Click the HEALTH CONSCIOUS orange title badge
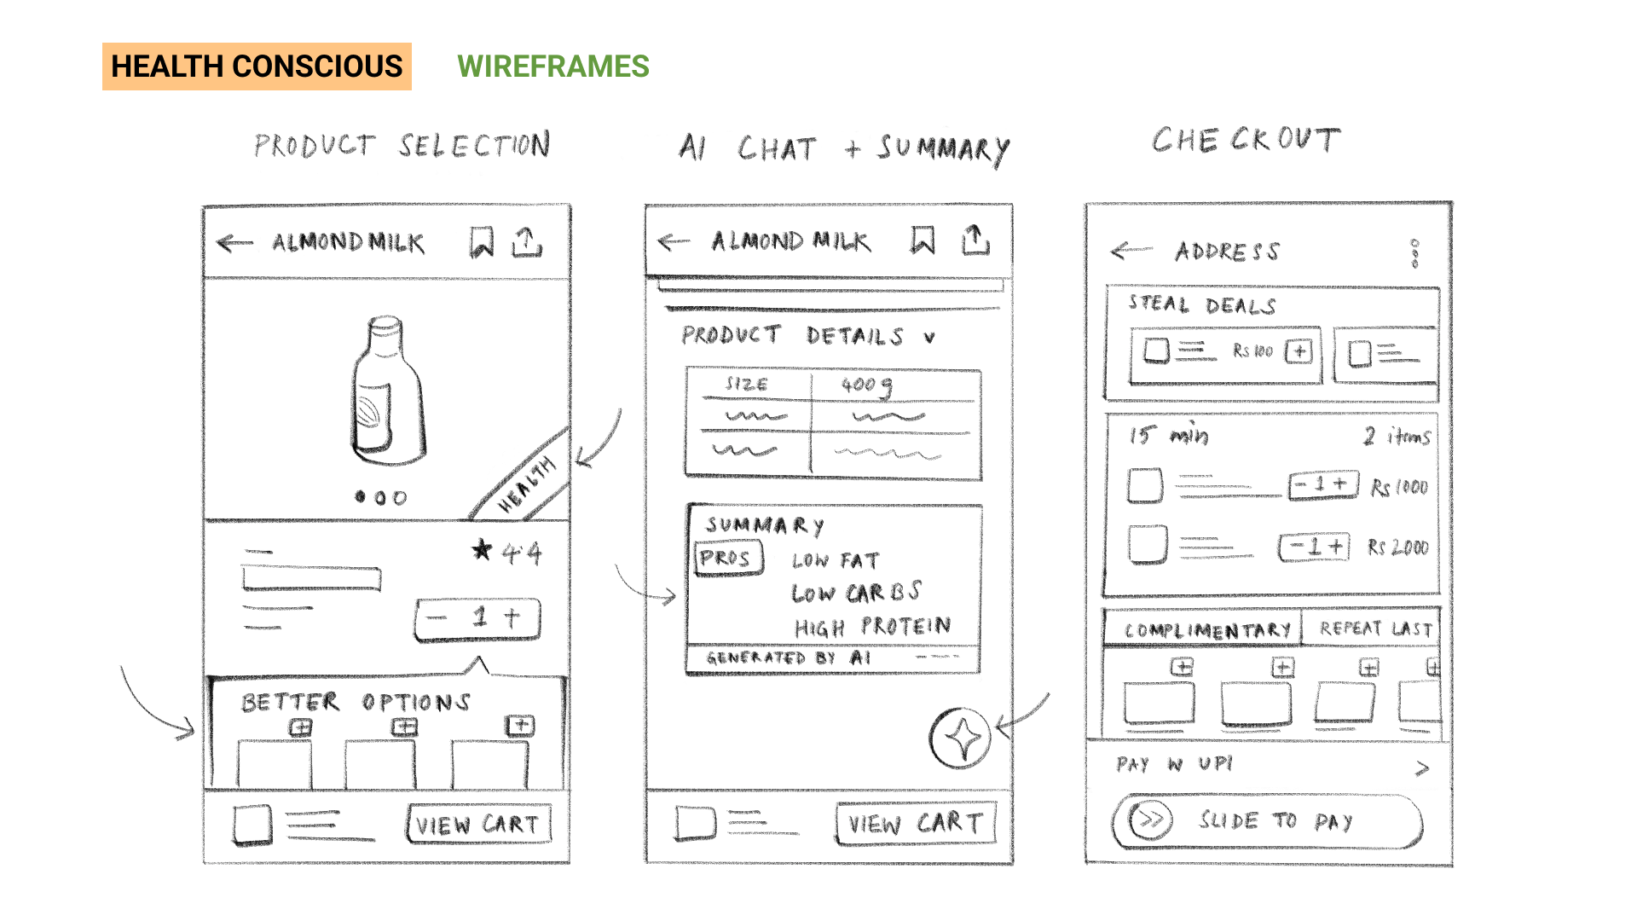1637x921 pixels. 257,67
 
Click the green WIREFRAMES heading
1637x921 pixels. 552,67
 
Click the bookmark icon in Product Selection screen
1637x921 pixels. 482,243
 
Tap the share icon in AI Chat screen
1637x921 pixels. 975,241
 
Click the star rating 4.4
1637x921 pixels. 508,553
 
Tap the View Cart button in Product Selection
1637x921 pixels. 478,825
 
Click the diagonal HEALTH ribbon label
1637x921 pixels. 526,484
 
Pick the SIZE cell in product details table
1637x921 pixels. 747,385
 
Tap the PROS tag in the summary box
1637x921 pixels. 726,559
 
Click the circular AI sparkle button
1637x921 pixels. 961,739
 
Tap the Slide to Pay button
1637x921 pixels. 1268,821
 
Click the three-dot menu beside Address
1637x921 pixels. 1414,253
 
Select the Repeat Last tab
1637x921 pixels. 1374,629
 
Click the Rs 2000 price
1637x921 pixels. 1397,547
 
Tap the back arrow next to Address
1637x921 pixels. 1131,251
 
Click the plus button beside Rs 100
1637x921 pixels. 1299,351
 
